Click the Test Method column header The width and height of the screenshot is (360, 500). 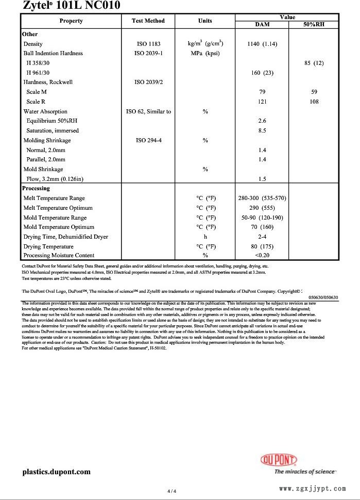click(x=148, y=21)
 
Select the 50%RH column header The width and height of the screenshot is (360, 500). click(x=314, y=24)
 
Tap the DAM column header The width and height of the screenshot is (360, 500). click(x=262, y=24)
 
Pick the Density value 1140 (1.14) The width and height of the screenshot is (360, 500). click(x=262, y=44)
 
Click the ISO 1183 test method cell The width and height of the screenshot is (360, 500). click(x=148, y=44)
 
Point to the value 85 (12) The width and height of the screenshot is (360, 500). click(x=314, y=63)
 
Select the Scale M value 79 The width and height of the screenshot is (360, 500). click(x=262, y=92)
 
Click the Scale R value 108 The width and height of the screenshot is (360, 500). click(x=314, y=102)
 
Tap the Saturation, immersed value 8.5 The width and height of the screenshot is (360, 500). click(x=262, y=130)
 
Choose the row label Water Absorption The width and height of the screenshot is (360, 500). click(x=45, y=111)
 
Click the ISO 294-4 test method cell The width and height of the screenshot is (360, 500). click(x=148, y=140)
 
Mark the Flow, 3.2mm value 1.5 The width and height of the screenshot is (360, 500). click(x=262, y=179)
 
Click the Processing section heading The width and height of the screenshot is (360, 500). click(x=36, y=188)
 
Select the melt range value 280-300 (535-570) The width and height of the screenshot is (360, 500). click(x=262, y=198)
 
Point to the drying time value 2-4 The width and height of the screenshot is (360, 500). click(x=262, y=237)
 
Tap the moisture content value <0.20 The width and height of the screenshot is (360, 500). click(x=262, y=255)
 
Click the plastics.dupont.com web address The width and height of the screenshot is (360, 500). click(x=56, y=472)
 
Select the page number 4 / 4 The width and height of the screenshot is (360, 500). click(x=172, y=491)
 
